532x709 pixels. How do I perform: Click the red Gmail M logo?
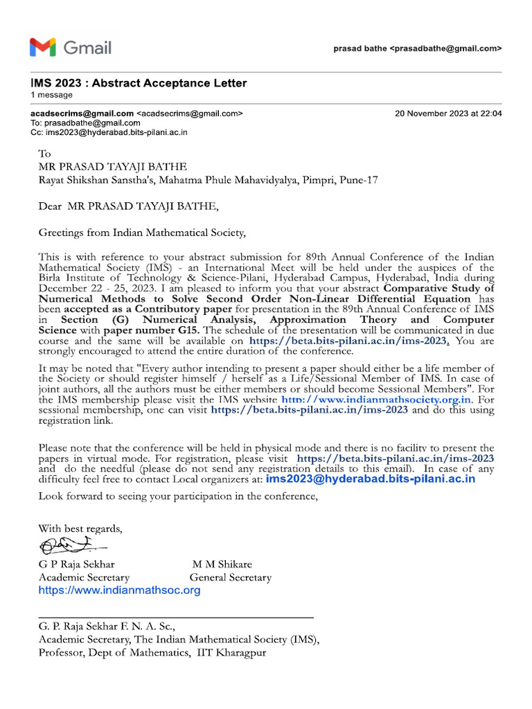click(42, 48)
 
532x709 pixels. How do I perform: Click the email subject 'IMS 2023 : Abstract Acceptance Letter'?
click(139, 83)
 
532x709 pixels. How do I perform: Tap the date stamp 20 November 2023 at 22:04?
click(448, 113)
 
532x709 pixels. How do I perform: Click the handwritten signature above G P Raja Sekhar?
click(73, 546)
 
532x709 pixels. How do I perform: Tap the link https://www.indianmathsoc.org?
click(119, 590)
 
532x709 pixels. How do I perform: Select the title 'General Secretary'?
click(230, 577)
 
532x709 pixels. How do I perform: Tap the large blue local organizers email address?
click(371, 479)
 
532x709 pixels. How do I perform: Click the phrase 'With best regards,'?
click(80, 529)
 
